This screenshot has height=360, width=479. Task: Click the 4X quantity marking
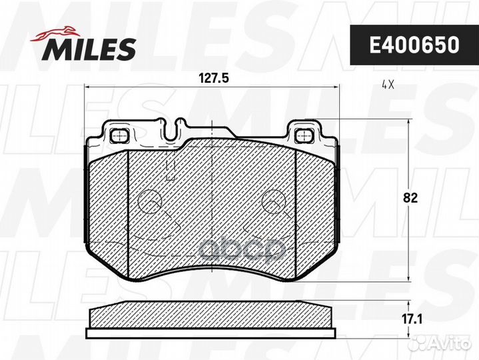[x=388, y=86]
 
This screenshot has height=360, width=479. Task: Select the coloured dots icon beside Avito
[x=419, y=343]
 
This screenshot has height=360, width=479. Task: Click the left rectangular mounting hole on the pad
[x=121, y=135]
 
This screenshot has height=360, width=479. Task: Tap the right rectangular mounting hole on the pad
[x=303, y=135]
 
